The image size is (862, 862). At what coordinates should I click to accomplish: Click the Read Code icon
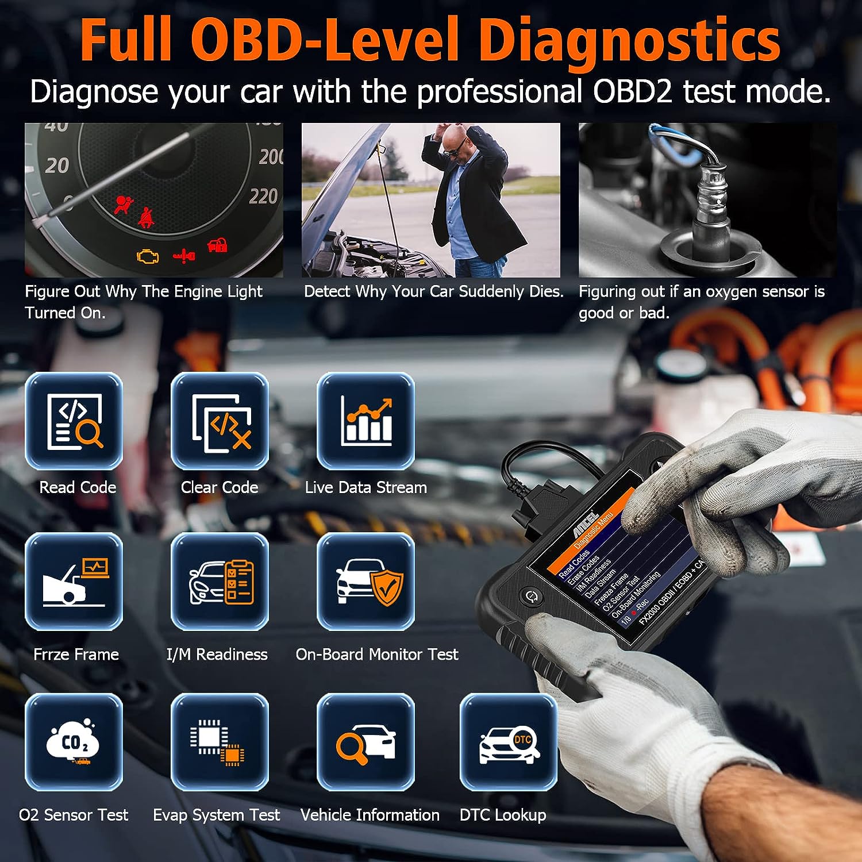tap(74, 421)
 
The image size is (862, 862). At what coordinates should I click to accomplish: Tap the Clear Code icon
tap(220, 421)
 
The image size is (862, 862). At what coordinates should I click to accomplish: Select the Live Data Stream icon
tap(366, 421)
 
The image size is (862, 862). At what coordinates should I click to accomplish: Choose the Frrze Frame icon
tap(74, 582)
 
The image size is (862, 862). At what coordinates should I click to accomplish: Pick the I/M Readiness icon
tap(220, 582)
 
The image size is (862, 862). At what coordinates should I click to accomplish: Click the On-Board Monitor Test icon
tap(366, 582)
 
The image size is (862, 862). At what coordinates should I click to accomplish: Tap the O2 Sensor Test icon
tap(74, 742)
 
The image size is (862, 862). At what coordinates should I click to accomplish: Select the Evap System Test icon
tap(220, 742)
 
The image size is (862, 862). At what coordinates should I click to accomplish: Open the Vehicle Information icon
tap(366, 742)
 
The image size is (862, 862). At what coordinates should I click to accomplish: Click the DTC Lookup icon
tap(509, 742)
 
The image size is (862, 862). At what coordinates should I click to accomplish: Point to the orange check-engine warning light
tap(148, 256)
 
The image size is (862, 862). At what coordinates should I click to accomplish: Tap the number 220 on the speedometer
tap(263, 197)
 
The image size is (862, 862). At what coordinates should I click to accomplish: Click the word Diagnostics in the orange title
tap(629, 40)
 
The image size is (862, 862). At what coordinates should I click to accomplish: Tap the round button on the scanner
tap(532, 596)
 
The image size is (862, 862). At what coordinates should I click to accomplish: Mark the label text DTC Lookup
tap(503, 815)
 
